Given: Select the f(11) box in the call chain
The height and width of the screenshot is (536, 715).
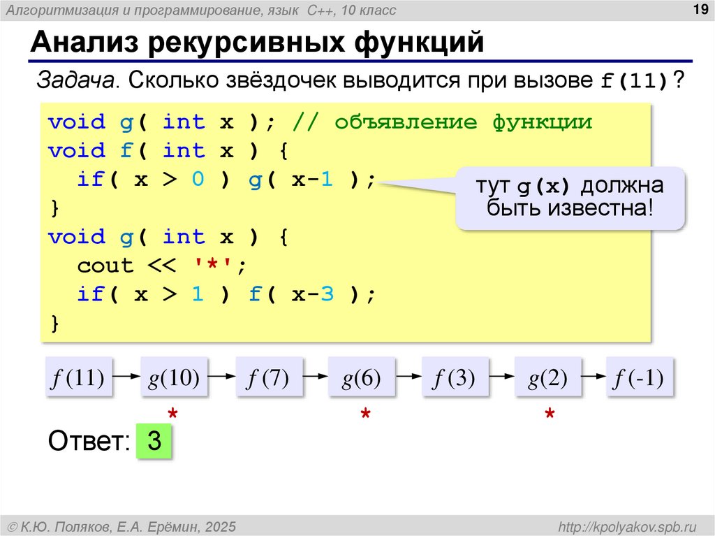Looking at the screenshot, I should click(x=78, y=379).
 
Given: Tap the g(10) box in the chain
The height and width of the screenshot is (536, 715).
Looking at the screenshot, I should click(x=174, y=379).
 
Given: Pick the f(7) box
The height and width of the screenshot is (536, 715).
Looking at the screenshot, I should click(x=267, y=379).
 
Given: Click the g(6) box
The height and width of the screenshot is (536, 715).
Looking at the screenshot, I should click(x=361, y=379).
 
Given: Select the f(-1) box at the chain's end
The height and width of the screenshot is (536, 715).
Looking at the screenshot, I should click(x=639, y=379).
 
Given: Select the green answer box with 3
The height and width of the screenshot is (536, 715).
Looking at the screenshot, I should click(x=154, y=442).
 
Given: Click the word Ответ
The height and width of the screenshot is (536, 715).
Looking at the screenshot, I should click(x=88, y=442).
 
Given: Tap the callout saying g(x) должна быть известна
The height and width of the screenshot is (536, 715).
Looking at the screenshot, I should click(x=570, y=198).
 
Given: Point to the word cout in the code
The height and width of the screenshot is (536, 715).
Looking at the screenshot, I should click(x=105, y=266).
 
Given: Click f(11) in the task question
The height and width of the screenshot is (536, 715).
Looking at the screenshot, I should click(x=635, y=81).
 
